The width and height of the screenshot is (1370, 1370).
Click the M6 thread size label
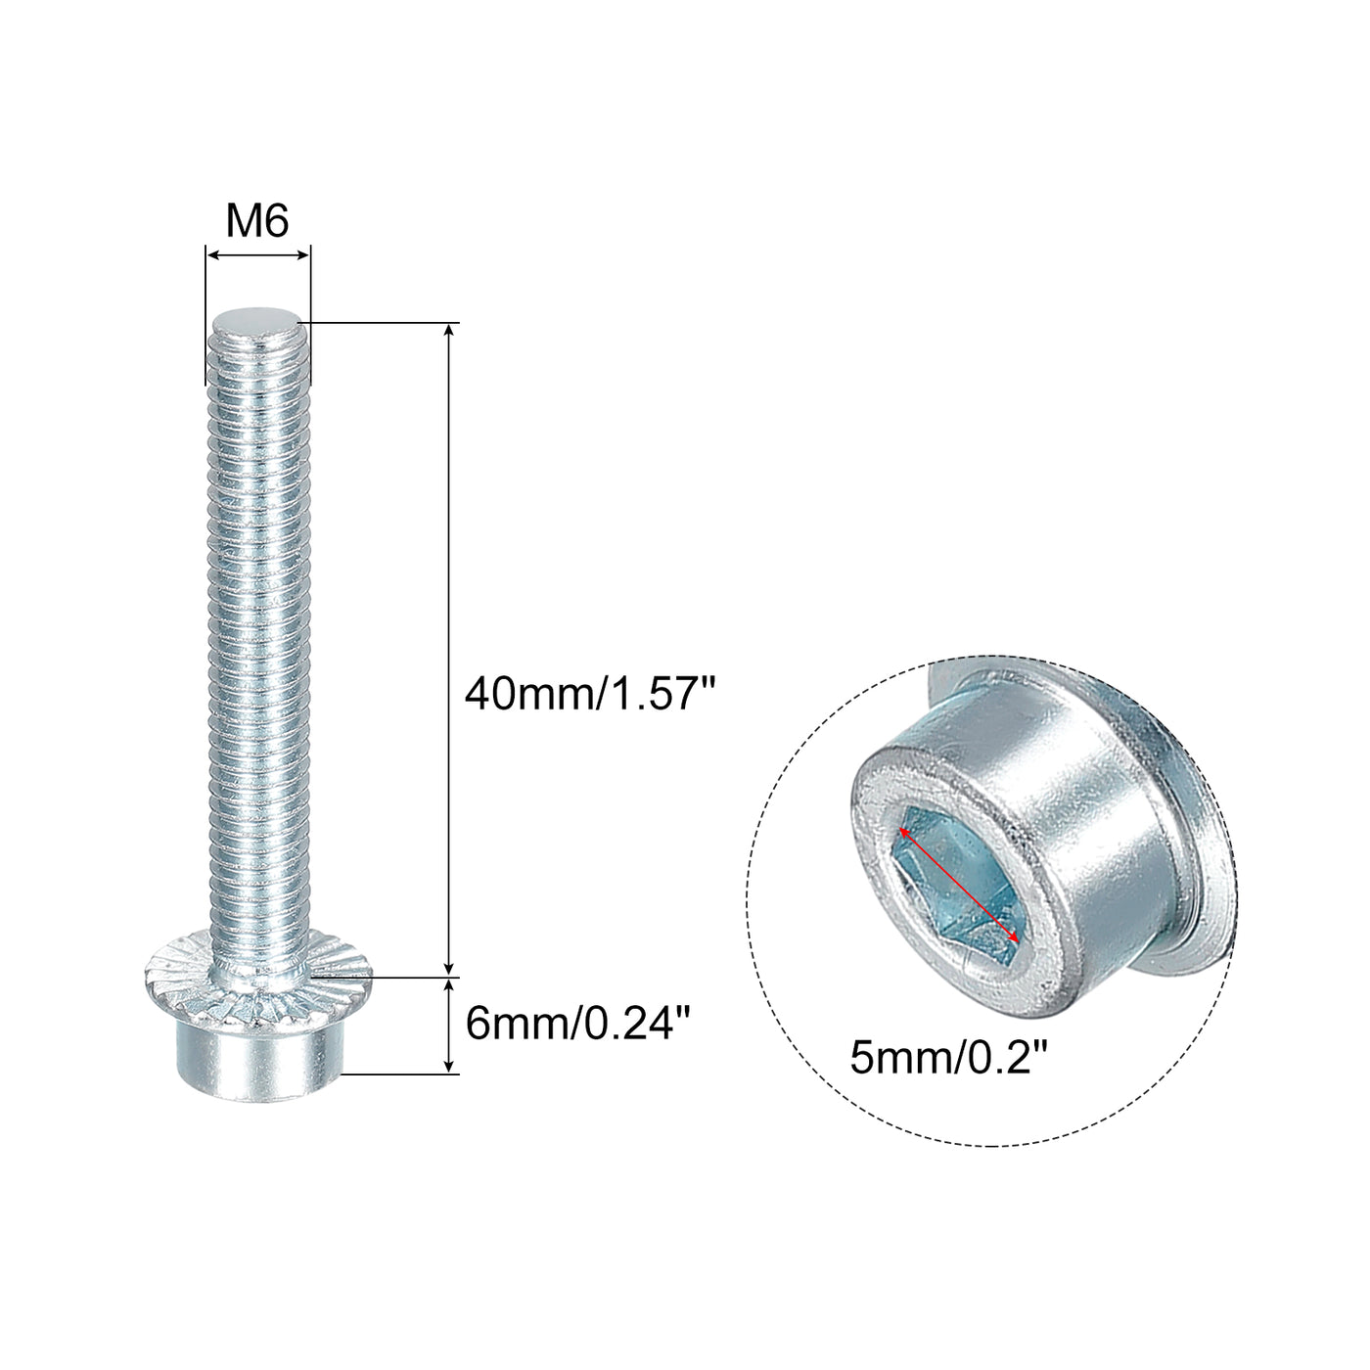tap(256, 221)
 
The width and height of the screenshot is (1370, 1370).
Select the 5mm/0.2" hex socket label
tap(949, 1077)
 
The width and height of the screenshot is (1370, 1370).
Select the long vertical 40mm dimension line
tap(448, 650)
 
